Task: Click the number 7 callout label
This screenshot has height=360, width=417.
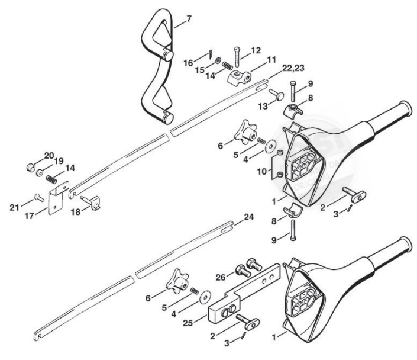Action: click(189, 19)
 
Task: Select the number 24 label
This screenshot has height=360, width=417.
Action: click(249, 217)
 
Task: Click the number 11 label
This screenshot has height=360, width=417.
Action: click(271, 60)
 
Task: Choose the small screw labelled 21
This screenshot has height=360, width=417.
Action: click(37, 197)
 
